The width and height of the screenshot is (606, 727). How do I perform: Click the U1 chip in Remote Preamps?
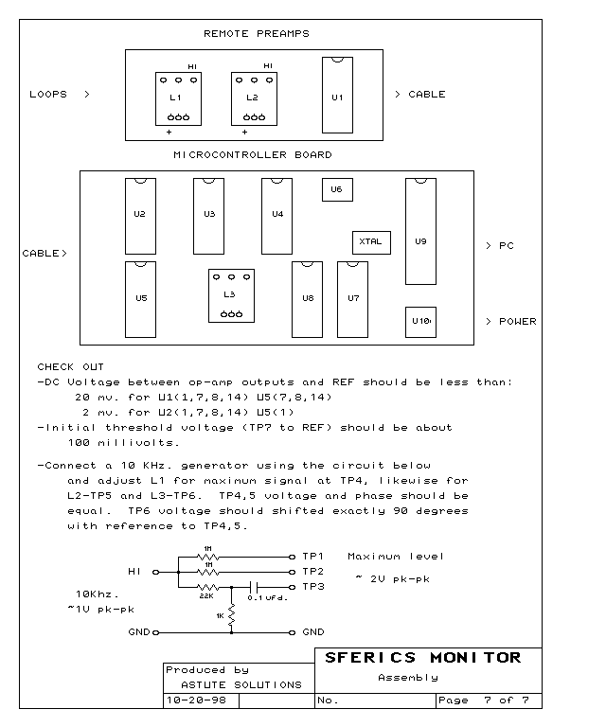pos(337,95)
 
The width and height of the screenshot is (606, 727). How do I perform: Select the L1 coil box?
pos(178,98)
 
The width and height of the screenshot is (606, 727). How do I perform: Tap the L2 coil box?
pos(254,98)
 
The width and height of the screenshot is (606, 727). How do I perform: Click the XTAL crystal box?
pos(371,242)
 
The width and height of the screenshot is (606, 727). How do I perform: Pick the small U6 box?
pos(337,189)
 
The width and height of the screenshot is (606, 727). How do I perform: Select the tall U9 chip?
pos(420,231)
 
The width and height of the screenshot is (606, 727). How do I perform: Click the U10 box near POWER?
pos(420,322)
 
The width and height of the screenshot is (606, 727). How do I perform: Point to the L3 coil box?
pos(231,295)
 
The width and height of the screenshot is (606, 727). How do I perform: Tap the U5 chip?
pos(140,299)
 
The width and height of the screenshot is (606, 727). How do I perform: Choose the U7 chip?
pos(352,299)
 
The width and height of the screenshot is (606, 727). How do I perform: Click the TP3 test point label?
pos(313,587)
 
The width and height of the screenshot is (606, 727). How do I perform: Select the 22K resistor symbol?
pos(207,587)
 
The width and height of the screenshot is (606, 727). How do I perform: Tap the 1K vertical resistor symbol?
pos(231,614)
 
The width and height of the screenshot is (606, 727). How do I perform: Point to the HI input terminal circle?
pos(156,572)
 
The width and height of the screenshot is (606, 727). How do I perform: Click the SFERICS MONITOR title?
pos(423,658)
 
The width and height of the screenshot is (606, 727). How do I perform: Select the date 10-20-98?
pos(196,700)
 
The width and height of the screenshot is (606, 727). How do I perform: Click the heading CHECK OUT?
pos(70,366)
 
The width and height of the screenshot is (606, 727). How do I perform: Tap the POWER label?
pos(517,321)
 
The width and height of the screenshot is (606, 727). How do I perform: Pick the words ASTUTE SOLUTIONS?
pos(241,684)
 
